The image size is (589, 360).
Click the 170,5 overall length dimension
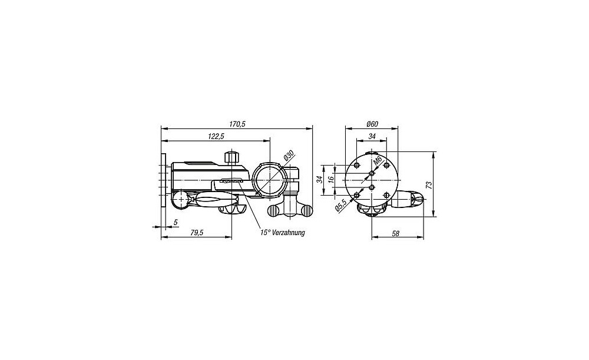[237, 124]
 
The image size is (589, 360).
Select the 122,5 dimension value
[216, 137]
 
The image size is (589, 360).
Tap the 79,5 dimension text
[197, 233]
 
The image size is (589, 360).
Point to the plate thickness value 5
[176, 223]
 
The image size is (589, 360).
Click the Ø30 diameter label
[289, 155]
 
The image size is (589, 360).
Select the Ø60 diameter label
[372, 124]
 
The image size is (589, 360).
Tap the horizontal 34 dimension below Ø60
[372, 137]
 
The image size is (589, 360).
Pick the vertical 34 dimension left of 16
[319, 180]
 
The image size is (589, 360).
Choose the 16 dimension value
[331, 180]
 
